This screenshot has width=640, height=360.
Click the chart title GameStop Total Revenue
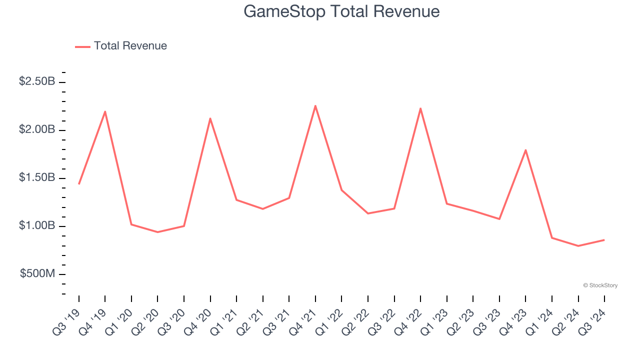(x=341, y=11)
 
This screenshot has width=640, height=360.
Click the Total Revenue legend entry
(x=121, y=46)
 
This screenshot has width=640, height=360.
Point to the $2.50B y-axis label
(x=37, y=81)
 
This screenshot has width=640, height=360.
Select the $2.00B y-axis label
(x=37, y=129)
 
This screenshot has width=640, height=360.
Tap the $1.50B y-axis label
(x=37, y=177)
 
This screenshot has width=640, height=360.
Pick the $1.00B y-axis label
(x=37, y=225)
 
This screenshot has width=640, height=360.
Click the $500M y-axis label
(x=37, y=273)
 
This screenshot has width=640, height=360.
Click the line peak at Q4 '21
(x=315, y=105)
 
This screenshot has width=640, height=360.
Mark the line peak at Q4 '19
(x=105, y=111)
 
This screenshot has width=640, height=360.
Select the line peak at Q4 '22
(x=420, y=108)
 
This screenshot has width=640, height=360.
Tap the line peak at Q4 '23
(x=525, y=150)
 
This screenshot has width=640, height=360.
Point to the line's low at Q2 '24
(x=578, y=246)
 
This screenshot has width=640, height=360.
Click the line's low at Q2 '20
(x=157, y=232)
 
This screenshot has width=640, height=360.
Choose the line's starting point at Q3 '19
(x=79, y=184)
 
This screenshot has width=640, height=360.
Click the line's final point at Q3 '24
(x=604, y=240)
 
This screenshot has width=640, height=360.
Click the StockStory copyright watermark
(x=600, y=285)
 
